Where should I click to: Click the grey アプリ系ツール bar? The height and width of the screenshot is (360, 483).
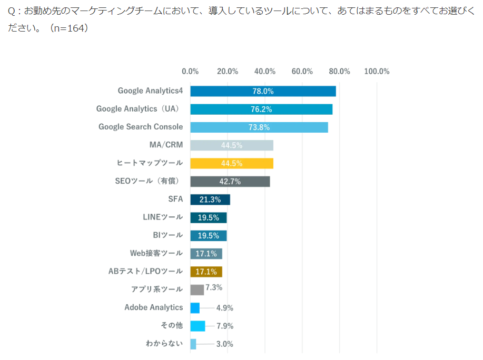[196, 289]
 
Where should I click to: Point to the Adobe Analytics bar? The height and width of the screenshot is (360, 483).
[195, 308]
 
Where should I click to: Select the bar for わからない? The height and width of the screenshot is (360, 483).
[193, 344]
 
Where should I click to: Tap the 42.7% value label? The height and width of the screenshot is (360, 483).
[230, 182]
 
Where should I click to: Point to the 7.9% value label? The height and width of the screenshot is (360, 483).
[224, 326]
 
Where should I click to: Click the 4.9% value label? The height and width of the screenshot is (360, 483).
[224, 308]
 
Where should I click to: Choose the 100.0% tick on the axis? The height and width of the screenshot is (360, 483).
[377, 72]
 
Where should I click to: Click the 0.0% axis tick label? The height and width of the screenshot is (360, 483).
[190, 72]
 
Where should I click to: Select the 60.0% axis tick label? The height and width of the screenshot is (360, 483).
[302, 72]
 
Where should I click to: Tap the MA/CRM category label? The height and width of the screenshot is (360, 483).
[166, 145]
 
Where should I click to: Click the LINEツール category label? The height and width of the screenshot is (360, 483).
[163, 217]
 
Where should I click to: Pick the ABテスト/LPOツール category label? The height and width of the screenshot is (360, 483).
[145, 272]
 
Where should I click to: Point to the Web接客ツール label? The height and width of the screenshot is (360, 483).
[156, 253]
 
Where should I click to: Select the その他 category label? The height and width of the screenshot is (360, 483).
[172, 326]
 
